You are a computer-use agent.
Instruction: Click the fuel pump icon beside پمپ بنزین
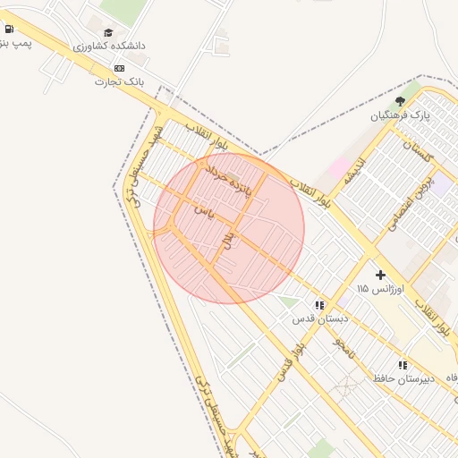click(8, 29)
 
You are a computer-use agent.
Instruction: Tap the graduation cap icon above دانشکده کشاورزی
click(108, 32)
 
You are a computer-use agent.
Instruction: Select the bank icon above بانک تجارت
click(119, 68)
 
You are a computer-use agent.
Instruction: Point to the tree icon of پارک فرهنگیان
click(400, 101)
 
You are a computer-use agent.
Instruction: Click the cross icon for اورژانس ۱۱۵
click(380, 275)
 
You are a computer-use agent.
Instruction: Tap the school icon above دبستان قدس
click(319, 305)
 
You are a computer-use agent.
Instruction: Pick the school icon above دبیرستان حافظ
click(403, 365)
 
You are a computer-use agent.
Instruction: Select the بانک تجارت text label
click(119, 81)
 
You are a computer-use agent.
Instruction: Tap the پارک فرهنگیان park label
click(401, 115)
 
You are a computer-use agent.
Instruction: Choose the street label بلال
click(228, 239)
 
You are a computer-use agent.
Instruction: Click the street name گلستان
click(417, 151)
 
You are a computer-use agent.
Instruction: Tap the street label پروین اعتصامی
click(411, 201)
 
